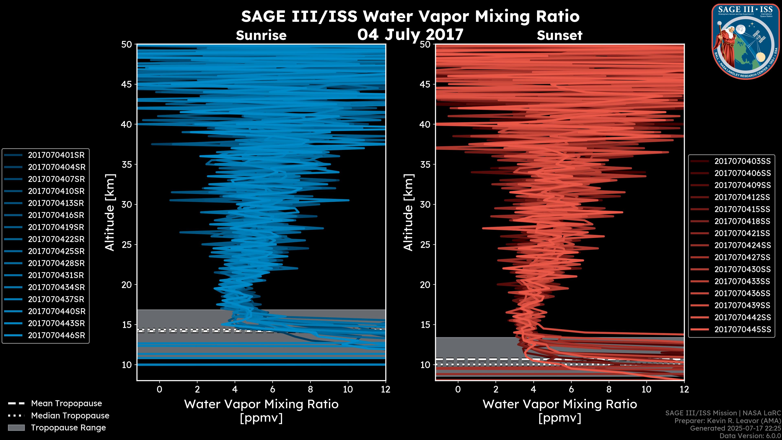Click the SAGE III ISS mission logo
coord(746,42)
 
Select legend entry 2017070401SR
coord(56,155)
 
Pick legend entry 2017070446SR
coord(56,335)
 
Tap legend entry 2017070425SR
coord(56,251)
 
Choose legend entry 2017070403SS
coord(742,161)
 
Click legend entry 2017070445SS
coord(742,329)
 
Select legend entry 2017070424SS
coord(742,245)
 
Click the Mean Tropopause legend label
coord(66,404)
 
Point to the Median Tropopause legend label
coord(70,416)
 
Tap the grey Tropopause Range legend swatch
coord(16,428)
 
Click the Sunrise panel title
coord(261,35)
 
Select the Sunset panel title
coord(559,35)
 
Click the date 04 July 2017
coord(410,34)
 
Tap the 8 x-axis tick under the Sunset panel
coord(609,389)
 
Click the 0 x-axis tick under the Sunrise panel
coord(159,389)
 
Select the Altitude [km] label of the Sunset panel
coord(408,212)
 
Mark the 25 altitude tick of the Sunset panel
coord(425,245)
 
